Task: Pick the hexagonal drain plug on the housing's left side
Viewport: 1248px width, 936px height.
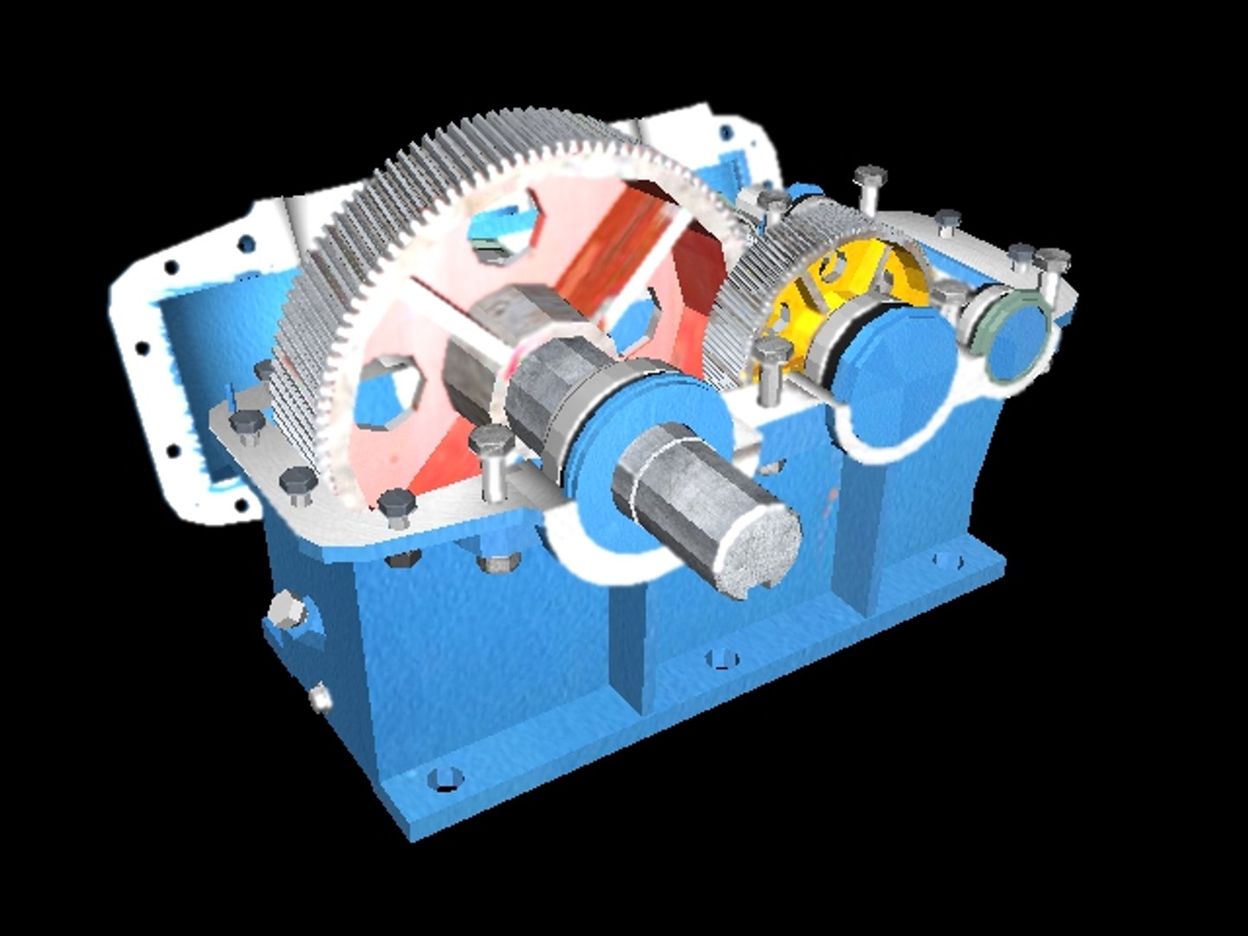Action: (287, 613)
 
